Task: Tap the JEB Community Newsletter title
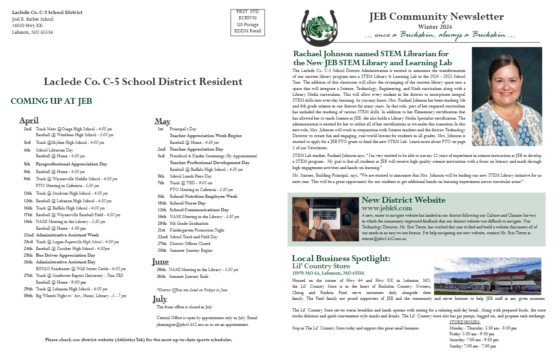(x=436, y=17)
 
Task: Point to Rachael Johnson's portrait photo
(x=506, y=96)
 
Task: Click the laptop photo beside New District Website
(x=325, y=219)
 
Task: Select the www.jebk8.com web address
(x=386, y=209)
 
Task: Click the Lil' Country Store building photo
(x=488, y=276)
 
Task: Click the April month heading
(x=29, y=120)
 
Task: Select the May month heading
(x=162, y=121)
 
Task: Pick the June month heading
(x=160, y=262)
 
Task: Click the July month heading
(x=160, y=299)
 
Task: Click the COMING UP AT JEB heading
(x=51, y=101)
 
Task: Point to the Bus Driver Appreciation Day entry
(x=66, y=255)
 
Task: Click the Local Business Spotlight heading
(x=341, y=258)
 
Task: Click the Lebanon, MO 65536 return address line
(x=32, y=32)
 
